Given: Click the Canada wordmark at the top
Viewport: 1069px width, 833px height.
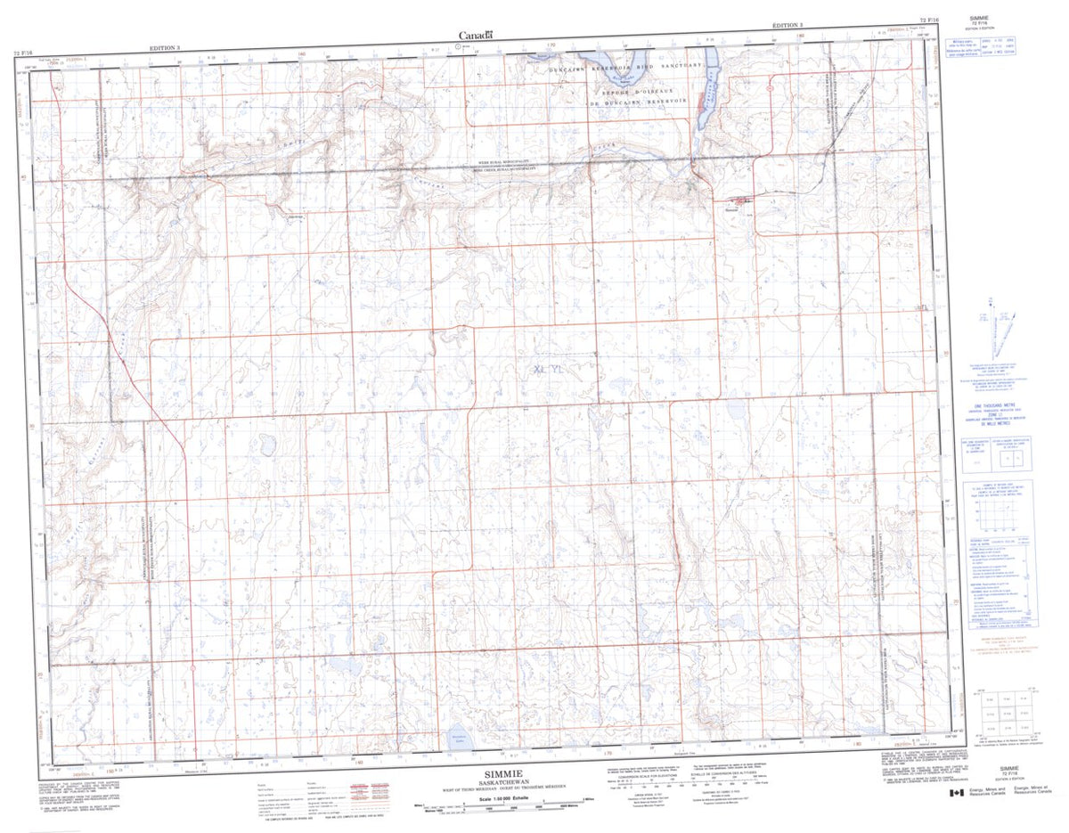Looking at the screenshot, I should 476,36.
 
